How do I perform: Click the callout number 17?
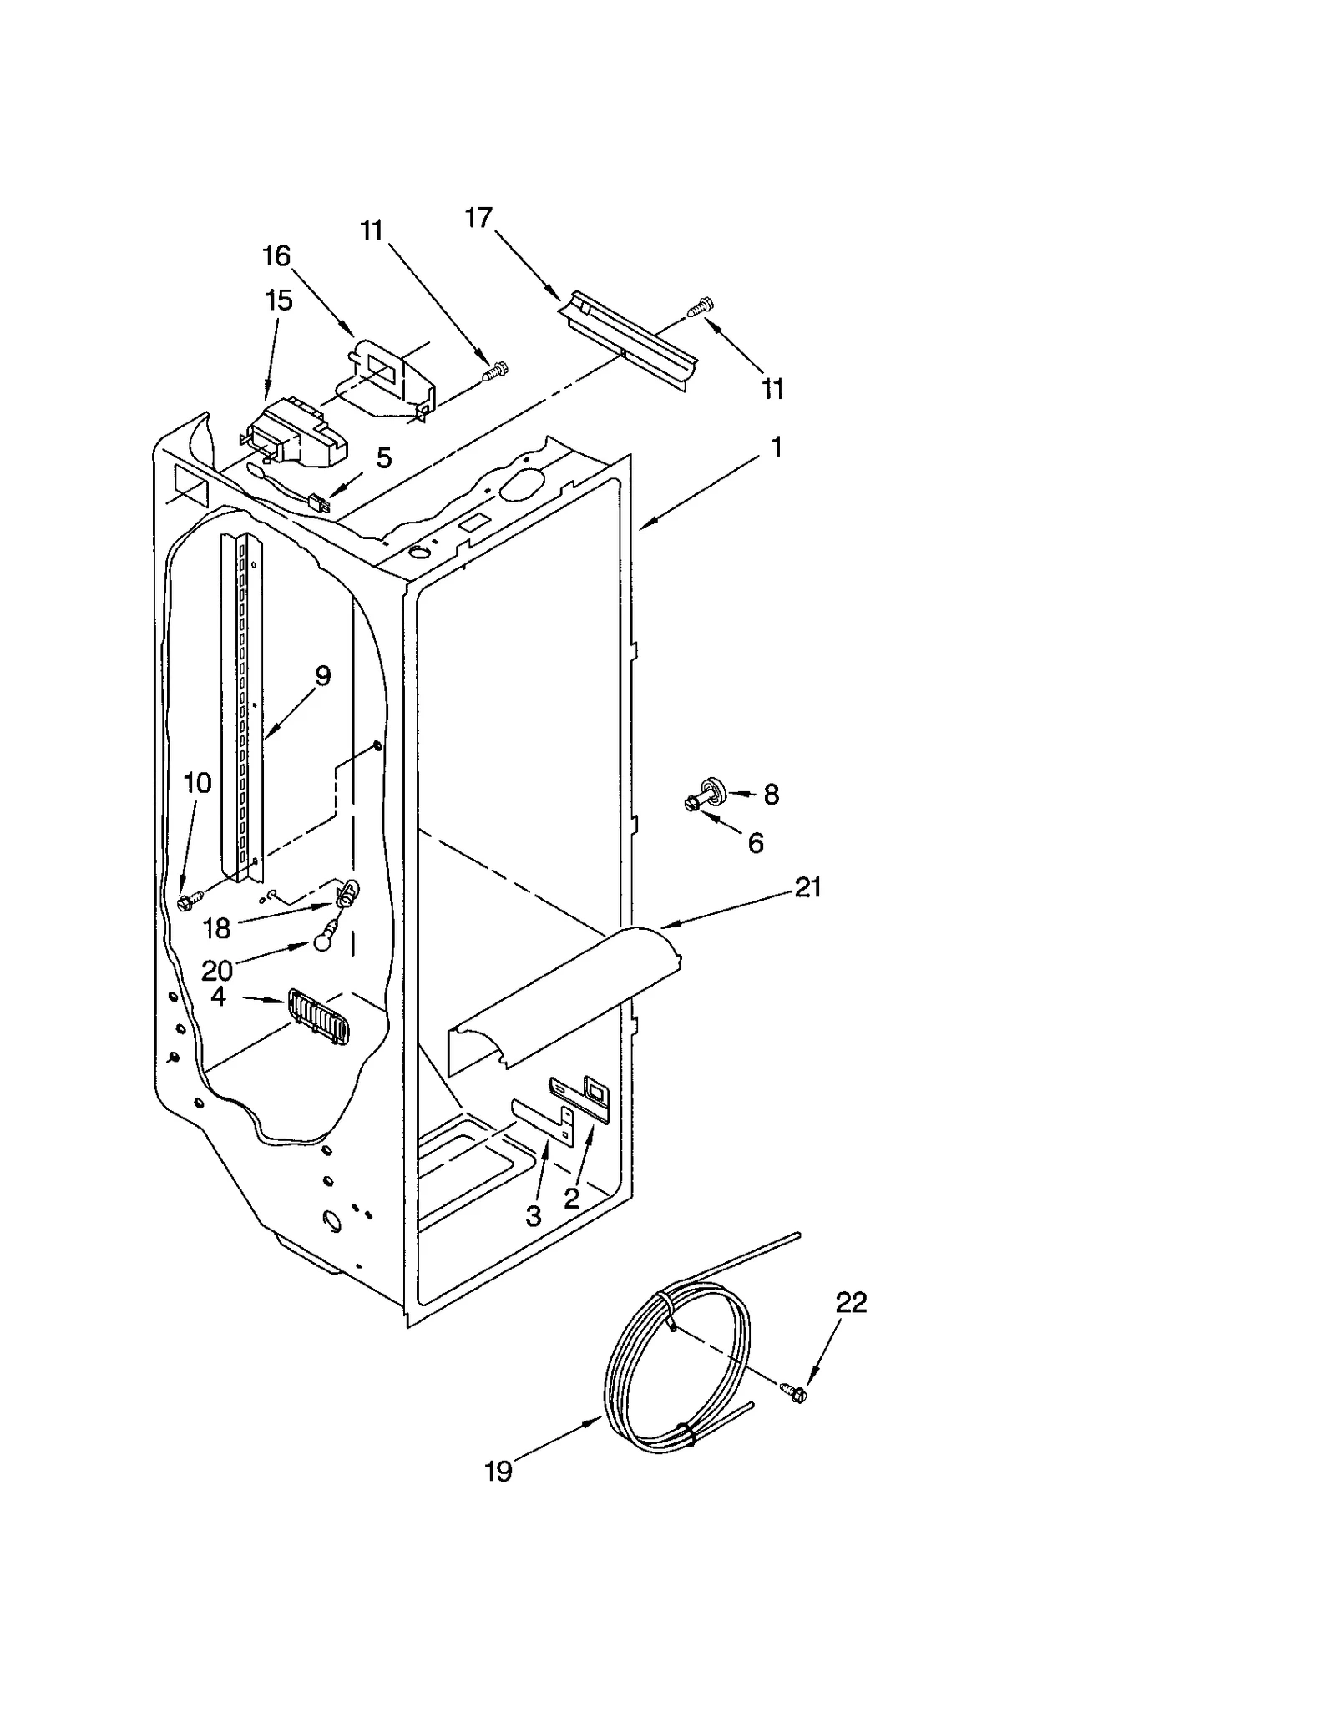click(478, 219)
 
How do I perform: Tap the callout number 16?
click(276, 255)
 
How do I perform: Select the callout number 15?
click(278, 300)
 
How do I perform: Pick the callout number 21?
click(807, 887)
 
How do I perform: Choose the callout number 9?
click(322, 675)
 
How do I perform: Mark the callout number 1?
click(777, 448)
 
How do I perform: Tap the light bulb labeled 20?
click(322, 942)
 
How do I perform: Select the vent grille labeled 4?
click(318, 1016)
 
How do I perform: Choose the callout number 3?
click(534, 1216)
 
